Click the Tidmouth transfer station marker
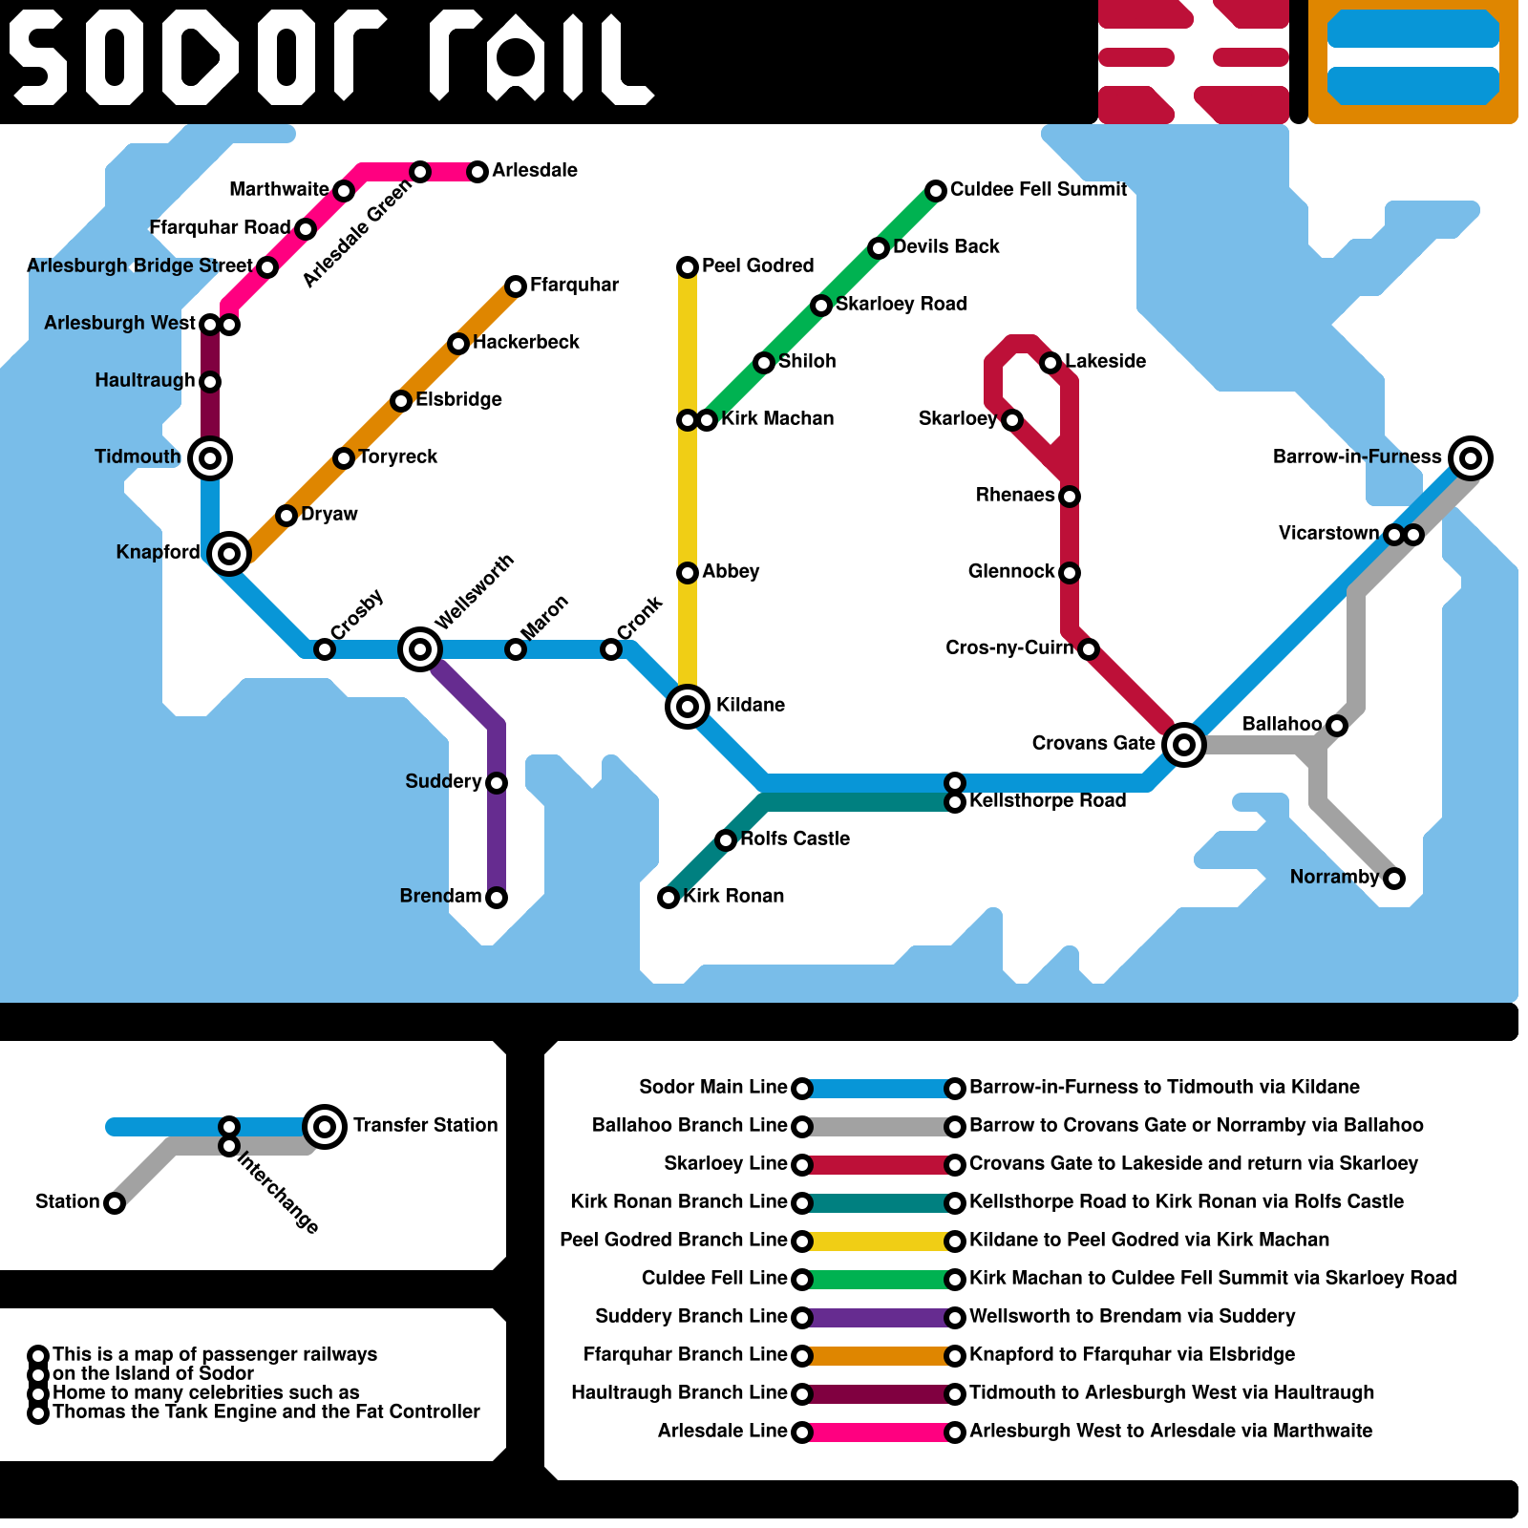click(x=210, y=458)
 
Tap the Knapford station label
click(x=158, y=552)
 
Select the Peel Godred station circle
click(x=688, y=267)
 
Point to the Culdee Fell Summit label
click(x=1038, y=189)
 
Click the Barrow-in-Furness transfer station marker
click(x=1471, y=458)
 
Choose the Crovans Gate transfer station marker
click(x=1184, y=744)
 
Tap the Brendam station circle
click(x=497, y=898)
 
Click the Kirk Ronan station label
click(x=733, y=896)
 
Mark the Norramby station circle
click(x=1394, y=879)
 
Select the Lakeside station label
click(x=1105, y=361)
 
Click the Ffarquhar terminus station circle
click(x=516, y=286)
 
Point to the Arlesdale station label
click(x=535, y=170)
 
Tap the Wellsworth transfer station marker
click(x=420, y=649)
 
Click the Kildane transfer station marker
click(x=688, y=707)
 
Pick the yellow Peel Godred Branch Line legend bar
click(x=879, y=1241)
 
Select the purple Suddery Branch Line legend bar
click(x=879, y=1318)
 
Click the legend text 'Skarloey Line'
click(x=725, y=1163)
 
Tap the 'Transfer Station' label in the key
click(x=425, y=1125)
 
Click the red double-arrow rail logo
click(x=1193, y=62)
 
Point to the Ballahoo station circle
click(x=1337, y=726)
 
